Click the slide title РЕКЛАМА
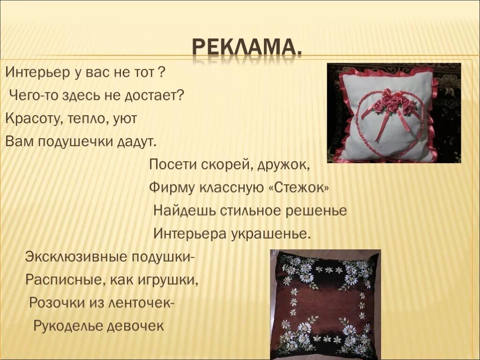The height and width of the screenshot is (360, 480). pyautogui.click(x=246, y=48)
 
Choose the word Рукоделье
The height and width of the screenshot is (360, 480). pyautogui.click(x=68, y=326)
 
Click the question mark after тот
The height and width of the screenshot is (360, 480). pyautogui.click(x=161, y=73)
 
